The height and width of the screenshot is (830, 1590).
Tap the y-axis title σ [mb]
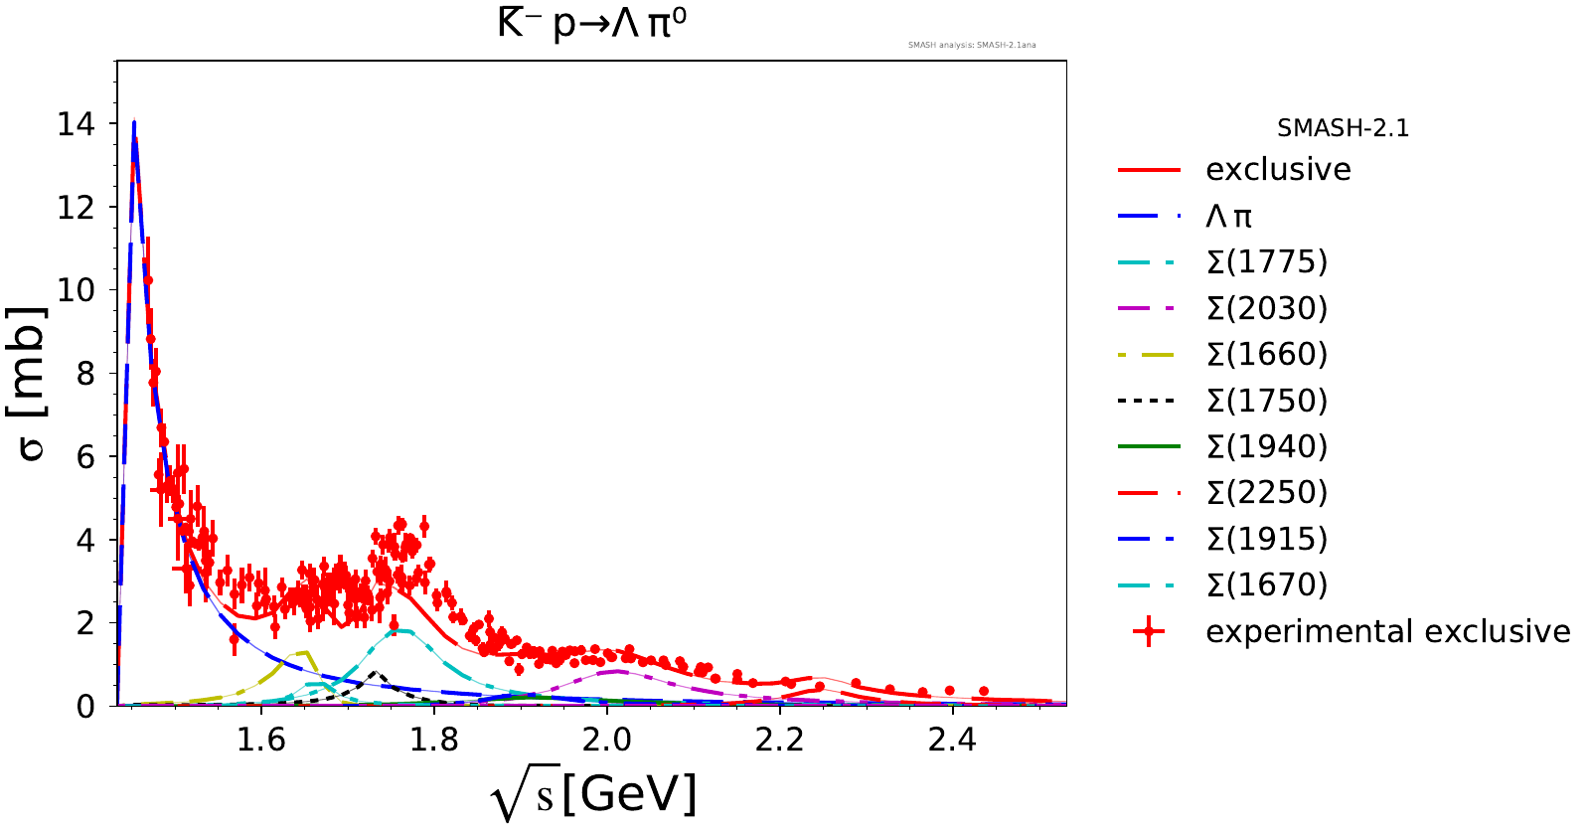tap(32, 384)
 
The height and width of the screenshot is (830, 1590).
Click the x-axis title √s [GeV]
tap(593, 795)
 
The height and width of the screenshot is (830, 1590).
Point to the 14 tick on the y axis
tap(77, 124)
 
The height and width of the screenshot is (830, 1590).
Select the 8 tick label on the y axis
tap(85, 374)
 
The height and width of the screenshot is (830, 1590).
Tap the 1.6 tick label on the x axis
tap(260, 741)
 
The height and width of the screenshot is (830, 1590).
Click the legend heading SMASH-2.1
tap(1343, 128)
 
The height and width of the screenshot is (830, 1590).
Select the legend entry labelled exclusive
tap(1278, 170)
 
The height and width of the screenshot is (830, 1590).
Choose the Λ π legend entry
tap(1229, 216)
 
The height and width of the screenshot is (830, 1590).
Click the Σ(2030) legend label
tap(1266, 308)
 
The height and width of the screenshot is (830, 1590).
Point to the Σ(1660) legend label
tap(1266, 354)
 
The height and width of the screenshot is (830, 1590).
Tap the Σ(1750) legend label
tap(1266, 401)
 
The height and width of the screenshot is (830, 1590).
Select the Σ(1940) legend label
tap(1266, 446)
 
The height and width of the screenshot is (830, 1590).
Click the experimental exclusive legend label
tap(1387, 631)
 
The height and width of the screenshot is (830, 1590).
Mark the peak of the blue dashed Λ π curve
tap(133, 123)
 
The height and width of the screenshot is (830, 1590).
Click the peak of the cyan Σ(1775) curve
tap(400, 630)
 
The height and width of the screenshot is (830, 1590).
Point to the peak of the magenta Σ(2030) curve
tap(617, 671)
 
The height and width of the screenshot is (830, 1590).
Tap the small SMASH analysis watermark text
tap(972, 45)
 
